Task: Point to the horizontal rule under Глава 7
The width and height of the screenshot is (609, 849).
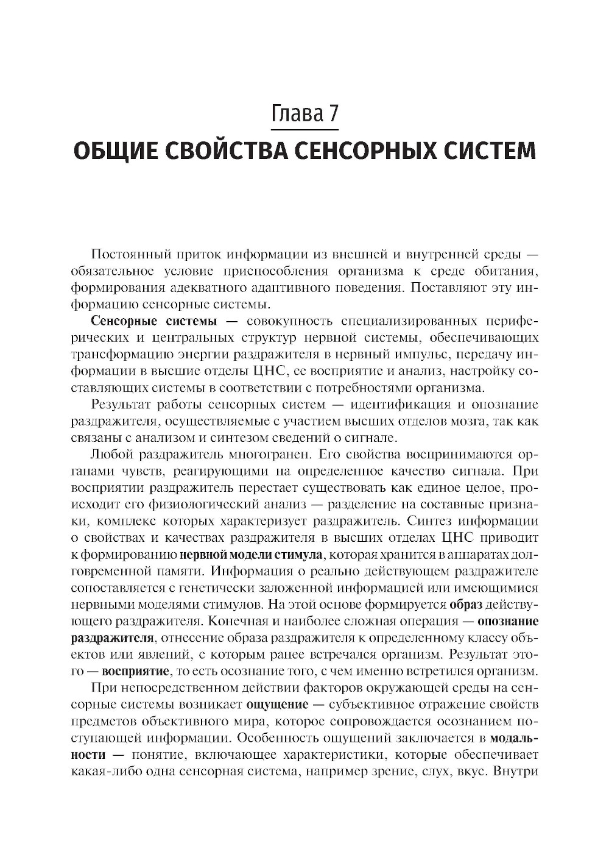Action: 304,129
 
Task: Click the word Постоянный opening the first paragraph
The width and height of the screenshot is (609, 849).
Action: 128,254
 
